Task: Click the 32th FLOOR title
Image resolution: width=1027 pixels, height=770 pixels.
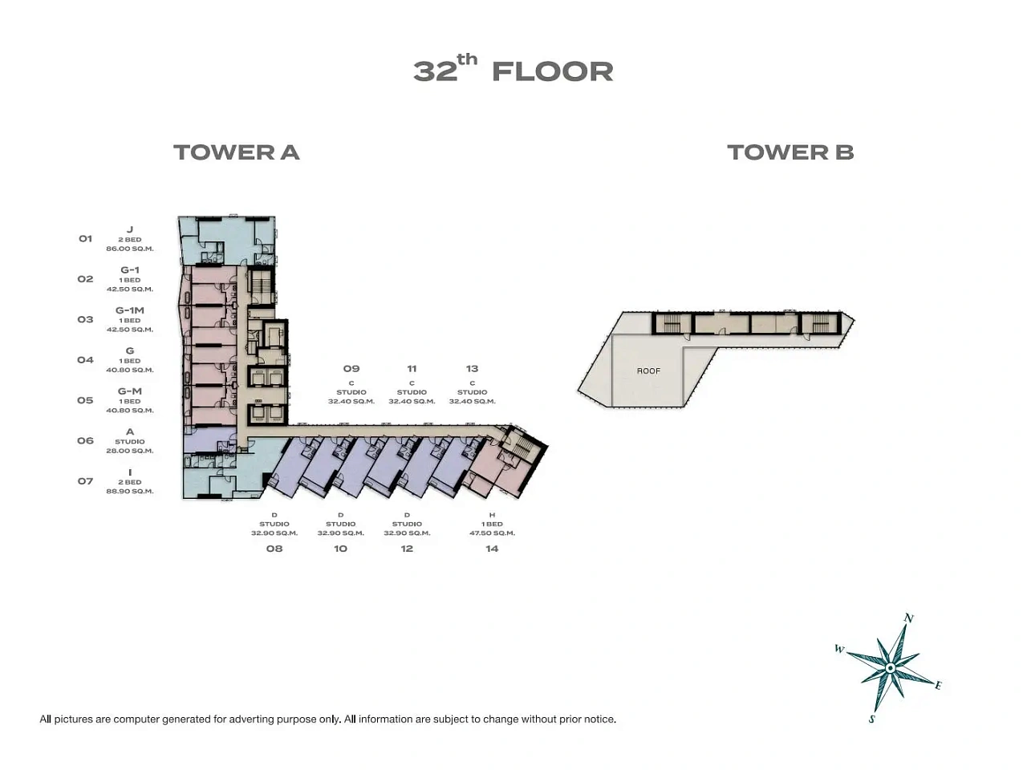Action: click(x=513, y=70)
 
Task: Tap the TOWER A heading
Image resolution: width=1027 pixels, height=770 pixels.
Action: click(x=236, y=152)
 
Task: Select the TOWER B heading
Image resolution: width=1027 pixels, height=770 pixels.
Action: click(x=790, y=152)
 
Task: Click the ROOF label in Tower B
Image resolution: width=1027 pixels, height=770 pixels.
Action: click(x=648, y=371)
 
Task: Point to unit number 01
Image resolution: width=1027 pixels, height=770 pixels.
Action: click(x=85, y=238)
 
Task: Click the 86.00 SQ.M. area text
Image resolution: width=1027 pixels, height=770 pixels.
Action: click(x=130, y=249)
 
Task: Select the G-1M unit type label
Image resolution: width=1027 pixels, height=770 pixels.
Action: click(x=130, y=310)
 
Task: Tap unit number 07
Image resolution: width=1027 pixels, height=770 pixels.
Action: click(x=85, y=481)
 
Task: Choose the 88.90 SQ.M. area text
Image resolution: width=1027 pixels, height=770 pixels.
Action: click(x=130, y=492)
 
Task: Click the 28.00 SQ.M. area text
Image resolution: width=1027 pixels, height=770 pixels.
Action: click(x=130, y=451)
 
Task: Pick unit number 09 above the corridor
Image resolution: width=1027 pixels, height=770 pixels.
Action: click(x=351, y=368)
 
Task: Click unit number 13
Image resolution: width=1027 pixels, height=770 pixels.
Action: click(x=472, y=368)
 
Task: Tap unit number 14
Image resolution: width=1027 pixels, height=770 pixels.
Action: click(x=492, y=549)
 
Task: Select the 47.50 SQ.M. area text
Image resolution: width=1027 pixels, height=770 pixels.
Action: click(x=492, y=533)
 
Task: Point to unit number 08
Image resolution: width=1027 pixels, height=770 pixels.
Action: click(x=274, y=549)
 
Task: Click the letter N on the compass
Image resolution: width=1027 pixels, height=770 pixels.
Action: click(x=908, y=618)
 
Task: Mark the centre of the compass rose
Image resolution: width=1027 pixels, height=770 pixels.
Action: click(x=891, y=669)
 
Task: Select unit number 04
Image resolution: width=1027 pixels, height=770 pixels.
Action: click(x=85, y=359)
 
